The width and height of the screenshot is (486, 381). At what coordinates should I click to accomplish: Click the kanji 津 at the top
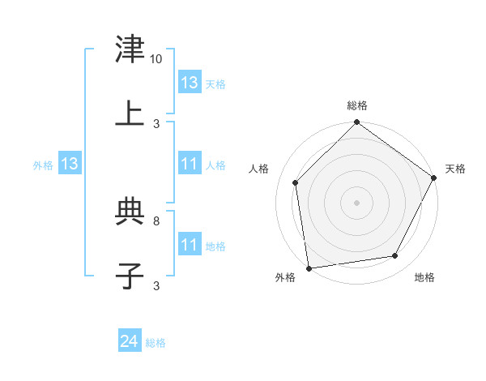(130, 50)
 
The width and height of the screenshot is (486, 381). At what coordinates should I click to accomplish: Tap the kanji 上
(130, 113)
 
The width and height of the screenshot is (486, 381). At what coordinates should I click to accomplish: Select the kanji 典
(130, 212)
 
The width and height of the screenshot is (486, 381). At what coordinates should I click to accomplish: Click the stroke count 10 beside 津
(156, 59)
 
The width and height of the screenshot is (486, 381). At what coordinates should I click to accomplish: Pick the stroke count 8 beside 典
(156, 220)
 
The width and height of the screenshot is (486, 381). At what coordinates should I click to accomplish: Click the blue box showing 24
(130, 342)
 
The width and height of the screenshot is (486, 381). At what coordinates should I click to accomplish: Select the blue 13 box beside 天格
(190, 83)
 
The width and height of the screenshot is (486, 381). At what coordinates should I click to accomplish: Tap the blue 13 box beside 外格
(70, 164)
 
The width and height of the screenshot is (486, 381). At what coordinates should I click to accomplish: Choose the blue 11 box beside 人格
(190, 164)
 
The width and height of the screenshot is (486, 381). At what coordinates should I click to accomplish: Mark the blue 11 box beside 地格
(190, 245)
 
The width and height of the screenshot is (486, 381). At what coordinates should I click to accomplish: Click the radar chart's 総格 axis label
(357, 105)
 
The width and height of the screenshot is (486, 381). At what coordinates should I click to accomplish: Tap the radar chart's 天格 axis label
(455, 169)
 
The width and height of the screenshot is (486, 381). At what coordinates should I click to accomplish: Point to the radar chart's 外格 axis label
(285, 278)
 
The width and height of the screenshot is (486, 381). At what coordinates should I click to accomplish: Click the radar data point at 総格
(357, 123)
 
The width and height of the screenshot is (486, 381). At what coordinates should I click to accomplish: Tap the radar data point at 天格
(434, 178)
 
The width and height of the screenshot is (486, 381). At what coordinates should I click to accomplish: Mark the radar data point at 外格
(309, 268)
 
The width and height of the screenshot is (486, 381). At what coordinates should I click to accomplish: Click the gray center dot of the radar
(357, 202)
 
